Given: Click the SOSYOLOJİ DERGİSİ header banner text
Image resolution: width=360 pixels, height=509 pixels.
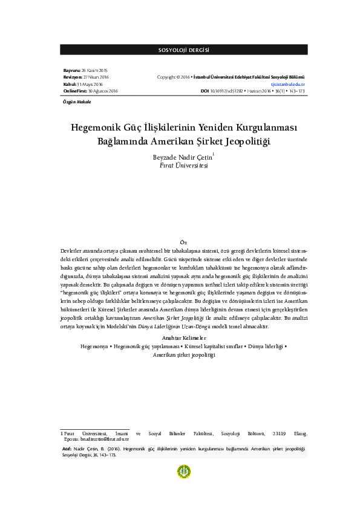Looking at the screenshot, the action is pos(183,49).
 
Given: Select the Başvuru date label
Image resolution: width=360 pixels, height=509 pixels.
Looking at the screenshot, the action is pos(72,71).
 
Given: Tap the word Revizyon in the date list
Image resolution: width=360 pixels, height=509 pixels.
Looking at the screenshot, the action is pos(73,77).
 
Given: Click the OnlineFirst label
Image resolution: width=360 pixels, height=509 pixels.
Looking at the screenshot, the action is pos(75,91).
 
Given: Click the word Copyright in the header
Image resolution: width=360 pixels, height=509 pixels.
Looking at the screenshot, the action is pos(166,77).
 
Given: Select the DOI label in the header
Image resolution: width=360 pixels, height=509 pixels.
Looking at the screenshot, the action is pos(205,91).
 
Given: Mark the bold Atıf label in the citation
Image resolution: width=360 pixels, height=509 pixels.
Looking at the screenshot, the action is pos(67,449).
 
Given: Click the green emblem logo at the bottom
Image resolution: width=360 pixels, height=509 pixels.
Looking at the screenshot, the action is pos(183,472).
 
